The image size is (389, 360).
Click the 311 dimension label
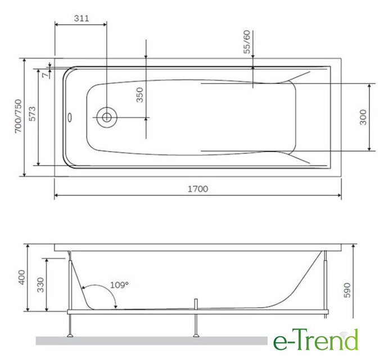82,18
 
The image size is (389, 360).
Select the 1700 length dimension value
198,189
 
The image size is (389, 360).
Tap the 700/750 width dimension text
19,116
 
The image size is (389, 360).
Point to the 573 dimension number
32,114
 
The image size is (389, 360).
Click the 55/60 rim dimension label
247,42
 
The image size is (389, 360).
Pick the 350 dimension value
140,95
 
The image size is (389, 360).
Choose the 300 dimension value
363,117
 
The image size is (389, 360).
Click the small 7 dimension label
45,75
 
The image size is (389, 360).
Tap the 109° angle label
119,285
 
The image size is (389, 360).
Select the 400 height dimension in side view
22,277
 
